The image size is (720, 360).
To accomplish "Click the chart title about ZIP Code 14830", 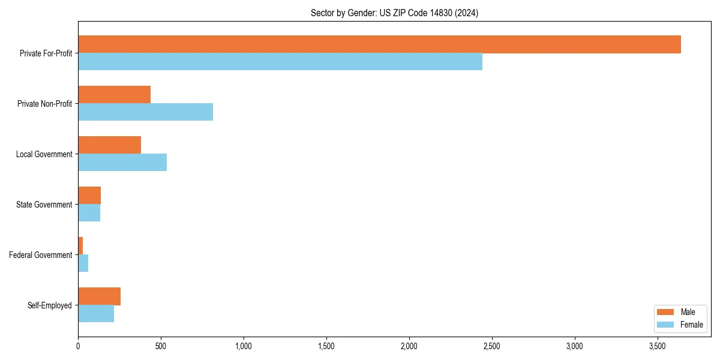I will coord(394,13).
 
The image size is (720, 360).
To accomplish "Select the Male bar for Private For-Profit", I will coord(379,44).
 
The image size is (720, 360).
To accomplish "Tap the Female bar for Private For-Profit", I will coord(280,62).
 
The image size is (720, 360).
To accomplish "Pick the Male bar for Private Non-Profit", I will coord(114,95).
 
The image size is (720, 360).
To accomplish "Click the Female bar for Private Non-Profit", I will coord(145,112).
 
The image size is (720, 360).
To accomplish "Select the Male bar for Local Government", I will coord(109,145).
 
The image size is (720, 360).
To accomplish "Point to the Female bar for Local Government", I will coord(122,163).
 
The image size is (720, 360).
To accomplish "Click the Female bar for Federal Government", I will coord(83,263).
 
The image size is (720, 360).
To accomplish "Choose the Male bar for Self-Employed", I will coord(99,296).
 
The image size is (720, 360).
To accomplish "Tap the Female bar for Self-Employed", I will coord(96,314).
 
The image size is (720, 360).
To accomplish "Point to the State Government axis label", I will coord(44,205).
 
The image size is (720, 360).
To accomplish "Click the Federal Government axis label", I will coord(40,255).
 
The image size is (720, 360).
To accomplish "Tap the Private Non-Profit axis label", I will coord(44,104).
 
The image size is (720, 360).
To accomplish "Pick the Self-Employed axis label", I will coord(49,305).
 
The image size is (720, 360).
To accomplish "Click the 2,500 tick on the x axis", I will coord(492,346).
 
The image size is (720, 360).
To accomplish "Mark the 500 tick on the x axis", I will coord(161,346).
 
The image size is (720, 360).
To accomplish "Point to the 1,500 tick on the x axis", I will coord(326,346).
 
